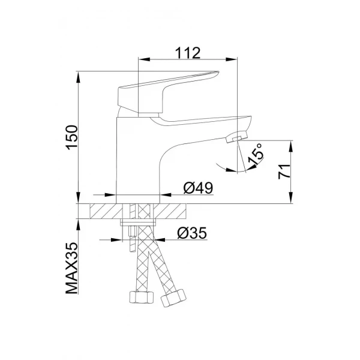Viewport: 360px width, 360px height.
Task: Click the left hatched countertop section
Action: click(x=105, y=212)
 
